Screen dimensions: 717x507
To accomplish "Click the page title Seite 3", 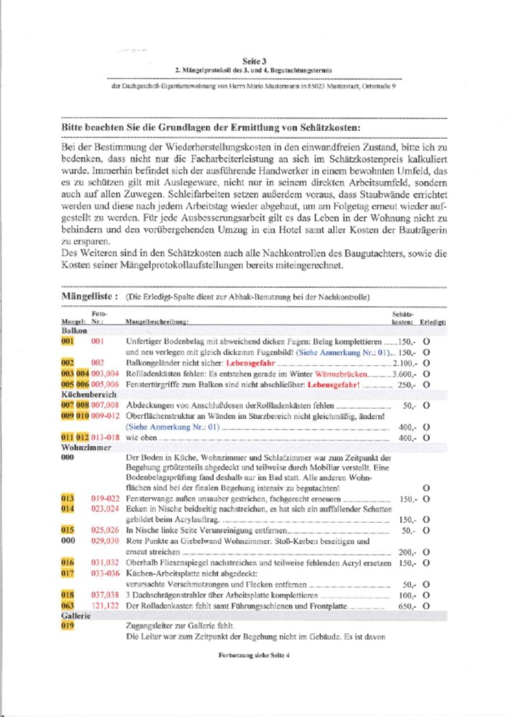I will pyautogui.click(x=254, y=59).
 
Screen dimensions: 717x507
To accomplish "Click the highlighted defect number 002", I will pyautogui.click(x=67, y=363).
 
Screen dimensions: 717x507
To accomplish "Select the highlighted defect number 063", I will pyautogui.click(x=67, y=606).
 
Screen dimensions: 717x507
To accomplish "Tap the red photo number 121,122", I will pyautogui.click(x=104, y=606).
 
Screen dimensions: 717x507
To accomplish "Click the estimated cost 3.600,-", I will pyautogui.click(x=402, y=373).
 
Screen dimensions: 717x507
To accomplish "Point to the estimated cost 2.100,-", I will pyautogui.click(x=402, y=363).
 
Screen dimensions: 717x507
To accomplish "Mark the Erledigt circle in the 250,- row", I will pyautogui.click(x=426, y=384).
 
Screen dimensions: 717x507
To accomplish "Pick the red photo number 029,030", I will pyautogui.click(x=104, y=541).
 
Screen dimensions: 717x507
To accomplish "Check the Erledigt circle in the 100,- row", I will pyautogui.click(x=426, y=595).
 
